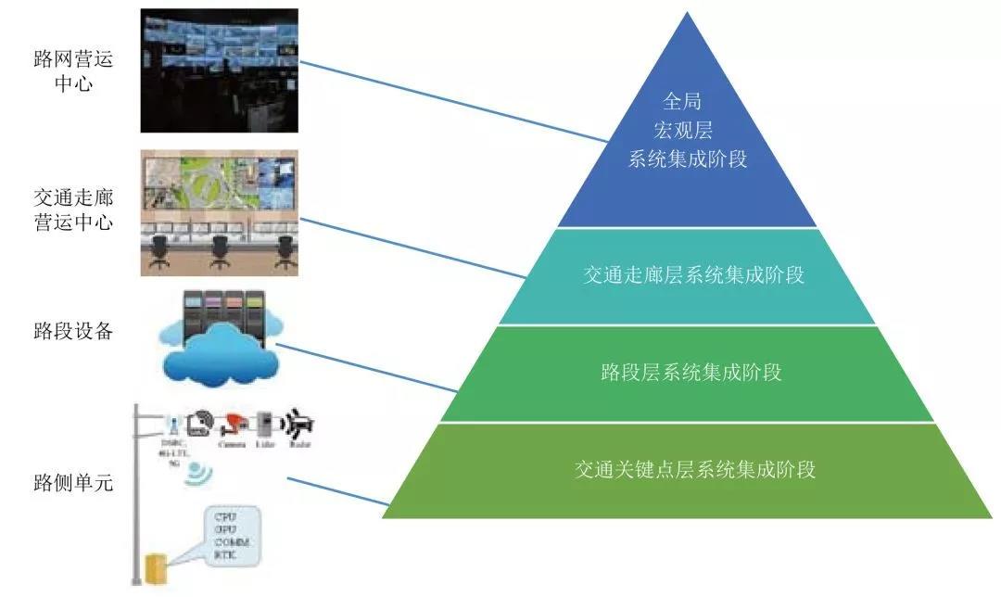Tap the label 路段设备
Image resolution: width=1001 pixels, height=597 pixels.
tap(72, 331)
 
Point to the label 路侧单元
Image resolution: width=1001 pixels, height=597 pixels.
tap(72, 482)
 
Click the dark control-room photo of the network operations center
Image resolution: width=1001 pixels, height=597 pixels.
tap(219, 70)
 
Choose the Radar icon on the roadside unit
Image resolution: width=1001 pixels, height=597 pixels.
tap(299, 423)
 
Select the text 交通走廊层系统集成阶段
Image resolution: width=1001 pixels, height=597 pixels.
tap(693, 275)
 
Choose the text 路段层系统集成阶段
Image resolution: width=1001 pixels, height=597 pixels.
tap(691, 373)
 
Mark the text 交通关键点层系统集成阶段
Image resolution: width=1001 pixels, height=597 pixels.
tap(694, 469)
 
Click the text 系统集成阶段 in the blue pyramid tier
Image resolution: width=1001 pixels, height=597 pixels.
tap(688, 159)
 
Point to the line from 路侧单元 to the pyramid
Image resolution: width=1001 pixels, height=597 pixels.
tap(337, 492)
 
